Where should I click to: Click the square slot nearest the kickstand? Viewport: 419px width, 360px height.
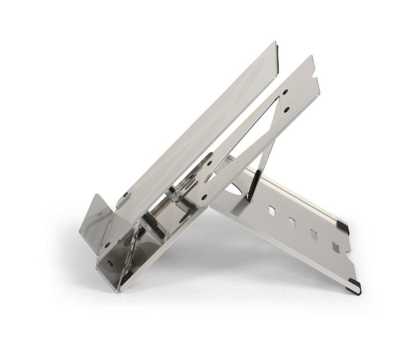(x=272, y=211)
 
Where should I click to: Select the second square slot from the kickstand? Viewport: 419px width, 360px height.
(x=292, y=223)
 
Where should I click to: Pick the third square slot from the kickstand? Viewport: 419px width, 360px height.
(x=313, y=235)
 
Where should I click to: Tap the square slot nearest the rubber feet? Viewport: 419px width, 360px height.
(x=336, y=247)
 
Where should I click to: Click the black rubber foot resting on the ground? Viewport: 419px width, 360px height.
(x=354, y=287)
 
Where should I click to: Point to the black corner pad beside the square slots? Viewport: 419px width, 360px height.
(x=343, y=227)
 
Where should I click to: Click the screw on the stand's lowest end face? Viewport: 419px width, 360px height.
(x=110, y=264)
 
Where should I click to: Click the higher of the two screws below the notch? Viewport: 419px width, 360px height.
(x=285, y=92)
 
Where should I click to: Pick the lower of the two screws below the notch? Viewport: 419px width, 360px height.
(x=287, y=110)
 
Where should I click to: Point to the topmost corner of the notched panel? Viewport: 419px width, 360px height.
(x=311, y=57)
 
